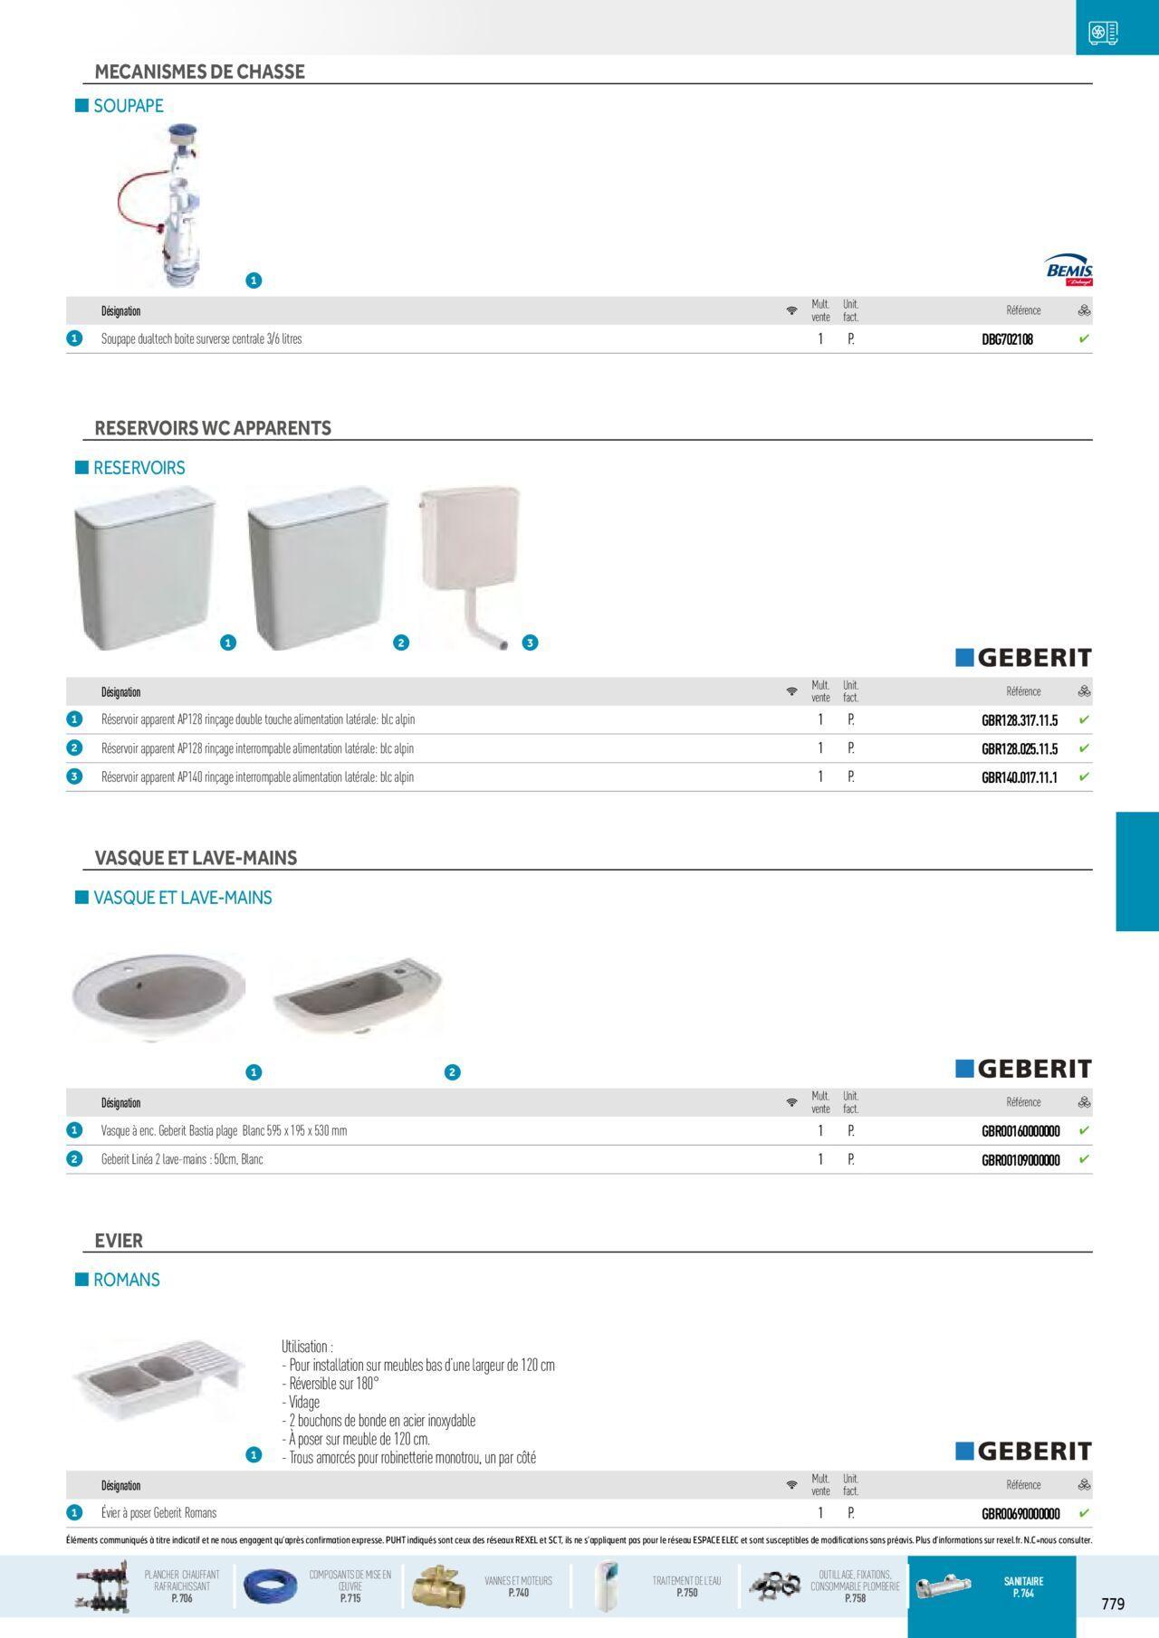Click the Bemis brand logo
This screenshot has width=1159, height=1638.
pos(1068,270)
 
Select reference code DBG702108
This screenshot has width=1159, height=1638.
pos(1007,339)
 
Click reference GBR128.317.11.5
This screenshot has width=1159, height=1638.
pos(1020,720)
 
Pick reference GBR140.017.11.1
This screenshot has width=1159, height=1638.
pos(1020,777)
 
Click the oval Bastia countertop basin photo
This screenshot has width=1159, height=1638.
pos(159,996)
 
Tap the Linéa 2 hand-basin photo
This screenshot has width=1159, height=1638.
pos(357,995)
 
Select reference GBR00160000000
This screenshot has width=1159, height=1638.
pos(1020,1131)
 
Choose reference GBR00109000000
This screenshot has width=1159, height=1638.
pos(1020,1159)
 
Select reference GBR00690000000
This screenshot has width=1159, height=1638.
pos(1020,1513)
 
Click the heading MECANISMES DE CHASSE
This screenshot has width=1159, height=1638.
pos(199,71)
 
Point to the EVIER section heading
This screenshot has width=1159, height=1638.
pos(119,1241)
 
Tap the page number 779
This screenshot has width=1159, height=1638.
pos(1113,1604)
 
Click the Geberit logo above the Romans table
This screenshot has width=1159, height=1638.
pos(1023,1452)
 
